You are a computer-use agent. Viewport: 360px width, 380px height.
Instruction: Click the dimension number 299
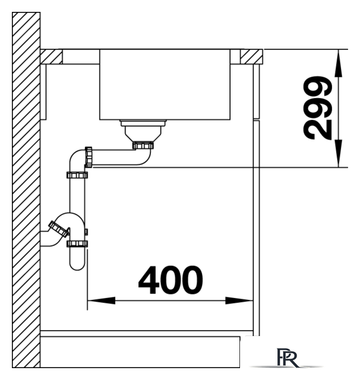pyautogui.click(x=317, y=108)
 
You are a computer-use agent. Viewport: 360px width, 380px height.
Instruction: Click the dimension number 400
pyautogui.click(x=170, y=280)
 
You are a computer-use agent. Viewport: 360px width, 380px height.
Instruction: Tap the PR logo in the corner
pyautogui.click(x=288, y=358)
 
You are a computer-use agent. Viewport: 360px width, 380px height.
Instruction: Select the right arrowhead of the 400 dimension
pyautogui.click(x=239, y=301)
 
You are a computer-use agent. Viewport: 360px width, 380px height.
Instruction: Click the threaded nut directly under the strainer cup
pyautogui.click(x=143, y=145)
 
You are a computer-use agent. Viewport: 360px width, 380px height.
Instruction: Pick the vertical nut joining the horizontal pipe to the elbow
pyautogui.click(x=89, y=157)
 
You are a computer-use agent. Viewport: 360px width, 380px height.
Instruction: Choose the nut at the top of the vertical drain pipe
pyautogui.click(x=77, y=175)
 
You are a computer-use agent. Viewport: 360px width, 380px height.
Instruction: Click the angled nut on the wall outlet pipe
pyautogui.click(x=59, y=229)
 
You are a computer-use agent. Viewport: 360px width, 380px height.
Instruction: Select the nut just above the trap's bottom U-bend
pyautogui.click(x=77, y=244)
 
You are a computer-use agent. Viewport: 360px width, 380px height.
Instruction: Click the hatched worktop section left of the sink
pyautogui.click(x=51, y=57)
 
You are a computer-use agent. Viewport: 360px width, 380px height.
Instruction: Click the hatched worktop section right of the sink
pyautogui.click(x=251, y=57)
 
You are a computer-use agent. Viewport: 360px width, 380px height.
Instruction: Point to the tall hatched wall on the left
pyautogui.click(x=26, y=190)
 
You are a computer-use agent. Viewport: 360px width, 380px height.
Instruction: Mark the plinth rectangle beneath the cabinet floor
pyautogui.click(x=140, y=352)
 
